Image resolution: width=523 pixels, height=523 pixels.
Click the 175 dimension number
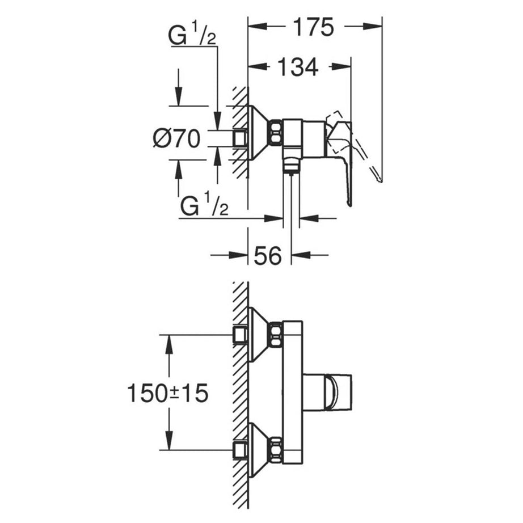click(313, 27)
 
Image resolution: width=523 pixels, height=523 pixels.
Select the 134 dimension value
click(298, 67)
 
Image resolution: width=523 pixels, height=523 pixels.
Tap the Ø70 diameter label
click(177, 138)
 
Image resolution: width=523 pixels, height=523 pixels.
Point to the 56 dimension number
click(268, 255)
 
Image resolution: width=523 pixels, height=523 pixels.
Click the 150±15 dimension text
click(168, 393)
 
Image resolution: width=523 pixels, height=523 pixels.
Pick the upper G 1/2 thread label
click(192, 36)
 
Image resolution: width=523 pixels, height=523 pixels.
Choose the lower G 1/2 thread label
click(204, 205)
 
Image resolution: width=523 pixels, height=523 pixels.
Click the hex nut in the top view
click(276, 132)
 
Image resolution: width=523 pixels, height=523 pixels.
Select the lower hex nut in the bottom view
click(276, 450)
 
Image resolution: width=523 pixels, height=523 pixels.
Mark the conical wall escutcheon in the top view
click(259, 132)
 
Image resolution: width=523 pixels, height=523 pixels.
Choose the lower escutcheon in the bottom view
click(259, 450)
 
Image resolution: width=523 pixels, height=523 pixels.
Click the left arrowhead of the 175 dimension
click(258, 26)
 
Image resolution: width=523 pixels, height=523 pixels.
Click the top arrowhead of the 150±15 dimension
click(170, 344)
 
